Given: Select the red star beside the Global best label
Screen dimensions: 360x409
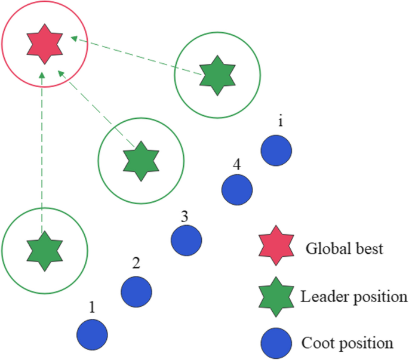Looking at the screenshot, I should point(275,246).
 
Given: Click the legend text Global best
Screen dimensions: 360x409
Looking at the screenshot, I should point(345,248).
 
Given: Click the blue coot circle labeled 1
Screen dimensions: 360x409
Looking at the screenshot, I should point(93,334).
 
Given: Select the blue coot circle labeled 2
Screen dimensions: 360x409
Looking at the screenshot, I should point(137,291).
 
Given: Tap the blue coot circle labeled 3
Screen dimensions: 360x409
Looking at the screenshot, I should point(186,240).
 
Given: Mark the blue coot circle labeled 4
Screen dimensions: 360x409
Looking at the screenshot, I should point(237,189).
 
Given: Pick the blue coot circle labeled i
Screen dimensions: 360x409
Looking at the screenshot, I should point(276,149).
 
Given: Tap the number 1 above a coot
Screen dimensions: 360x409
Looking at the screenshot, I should point(91,307).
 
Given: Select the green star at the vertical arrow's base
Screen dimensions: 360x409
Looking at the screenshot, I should point(44,250).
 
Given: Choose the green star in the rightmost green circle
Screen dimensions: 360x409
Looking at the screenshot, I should point(217,75).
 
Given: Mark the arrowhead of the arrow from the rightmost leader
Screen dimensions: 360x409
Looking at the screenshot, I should point(73,39).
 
